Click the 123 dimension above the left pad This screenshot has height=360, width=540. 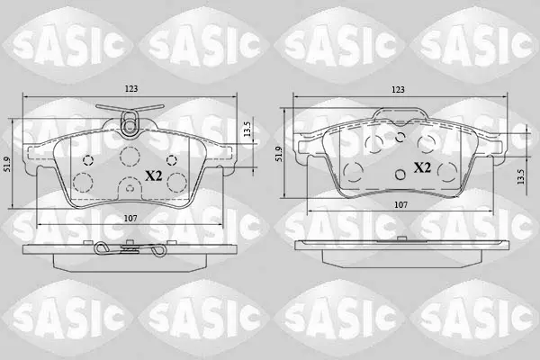(131, 89)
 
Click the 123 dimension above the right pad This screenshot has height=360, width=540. (398, 90)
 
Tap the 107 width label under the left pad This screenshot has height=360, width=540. (130, 218)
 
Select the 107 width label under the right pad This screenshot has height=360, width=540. (400, 205)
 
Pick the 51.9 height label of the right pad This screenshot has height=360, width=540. (279, 154)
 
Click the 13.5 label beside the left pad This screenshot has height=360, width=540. (247, 130)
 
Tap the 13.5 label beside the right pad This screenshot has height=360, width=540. (520, 176)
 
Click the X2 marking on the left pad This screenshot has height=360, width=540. (154, 176)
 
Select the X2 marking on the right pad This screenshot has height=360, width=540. (422, 167)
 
